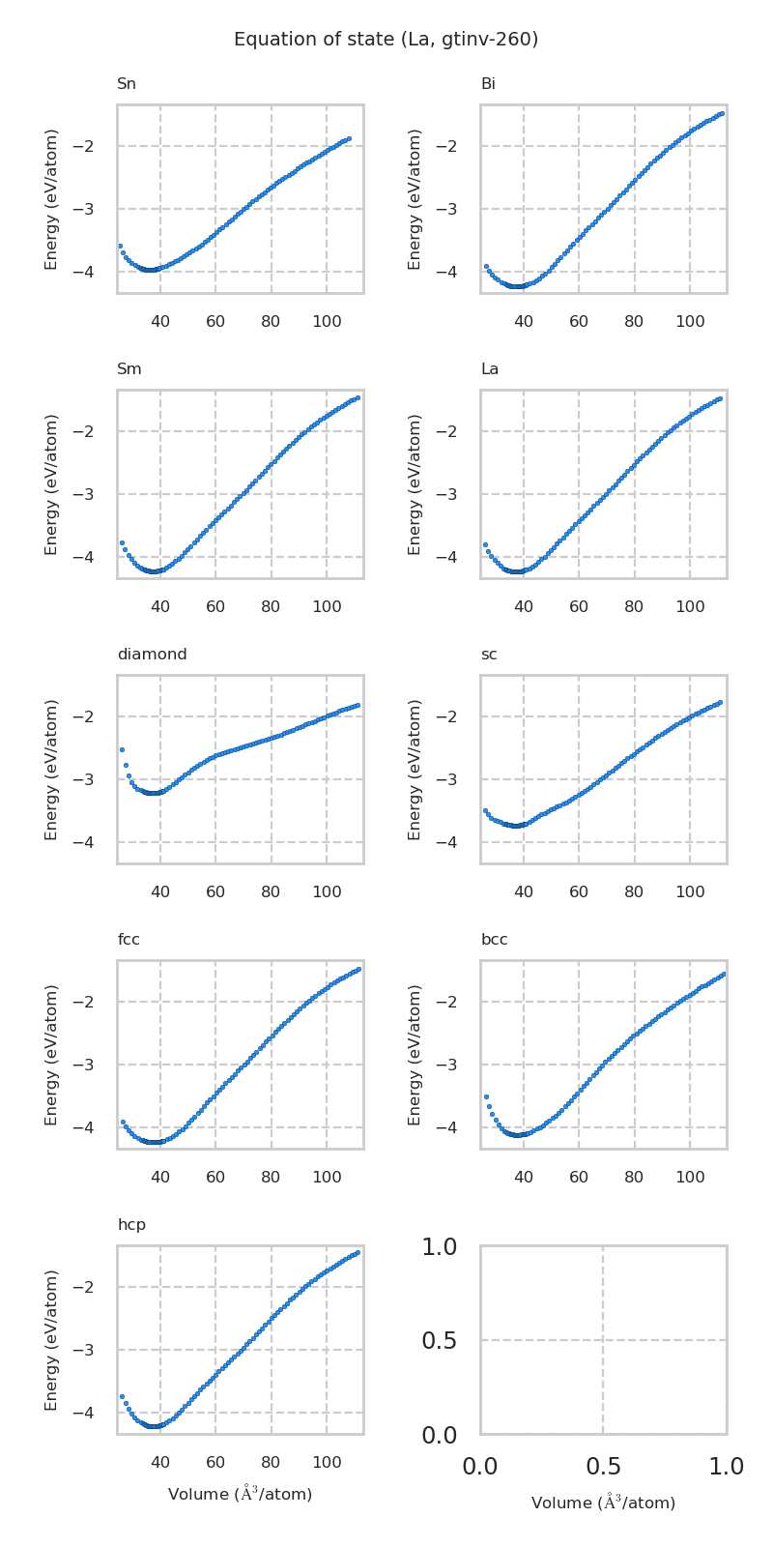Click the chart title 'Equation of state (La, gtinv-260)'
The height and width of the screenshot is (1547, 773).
pos(386,40)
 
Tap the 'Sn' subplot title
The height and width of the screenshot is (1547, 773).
pos(127,84)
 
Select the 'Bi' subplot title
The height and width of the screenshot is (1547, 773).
pos(488,84)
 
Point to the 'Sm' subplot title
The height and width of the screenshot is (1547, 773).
pos(129,369)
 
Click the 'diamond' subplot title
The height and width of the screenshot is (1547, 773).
pos(152,655)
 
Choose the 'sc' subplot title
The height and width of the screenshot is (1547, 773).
pos(489,655)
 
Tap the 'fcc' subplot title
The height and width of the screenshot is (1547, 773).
pos(129,940)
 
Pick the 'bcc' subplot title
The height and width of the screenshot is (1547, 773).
pos(494,940)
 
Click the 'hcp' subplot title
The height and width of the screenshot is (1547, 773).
pos(131,1225)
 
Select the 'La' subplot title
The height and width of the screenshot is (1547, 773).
pos(490,369)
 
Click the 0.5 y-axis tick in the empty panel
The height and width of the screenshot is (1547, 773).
pos(441,1341)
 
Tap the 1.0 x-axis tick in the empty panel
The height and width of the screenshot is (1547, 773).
pos(726,1467)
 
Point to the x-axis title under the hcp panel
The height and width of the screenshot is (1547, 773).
pos(240,1494)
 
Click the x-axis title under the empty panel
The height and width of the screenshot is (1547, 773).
pos(603,1503)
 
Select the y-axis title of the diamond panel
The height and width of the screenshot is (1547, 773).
pos(52,770)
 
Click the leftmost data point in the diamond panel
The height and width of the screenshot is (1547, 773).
pos(122,749)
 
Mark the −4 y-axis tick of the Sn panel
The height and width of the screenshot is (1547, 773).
pos(95,272)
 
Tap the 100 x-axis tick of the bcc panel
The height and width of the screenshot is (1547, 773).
pos(690,1177)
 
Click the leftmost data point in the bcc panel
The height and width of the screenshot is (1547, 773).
pos(486,1096)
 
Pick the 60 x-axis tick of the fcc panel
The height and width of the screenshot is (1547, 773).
pos(215,1177)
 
